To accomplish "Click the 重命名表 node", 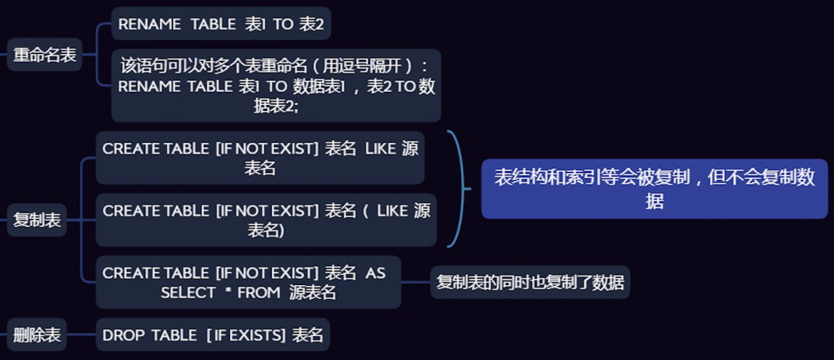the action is (x=45, y=56).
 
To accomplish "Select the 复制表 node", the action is (x=37, y=220).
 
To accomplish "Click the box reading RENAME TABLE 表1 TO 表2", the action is (x=221, y=24).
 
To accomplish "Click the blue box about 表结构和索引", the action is (x=654, y=189).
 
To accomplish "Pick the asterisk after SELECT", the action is (x=228, y=293).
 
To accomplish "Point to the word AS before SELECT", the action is (x=375, y=273).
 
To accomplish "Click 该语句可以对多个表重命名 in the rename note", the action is (x=209, y=66).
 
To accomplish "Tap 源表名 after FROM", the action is (x=313, y=293).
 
